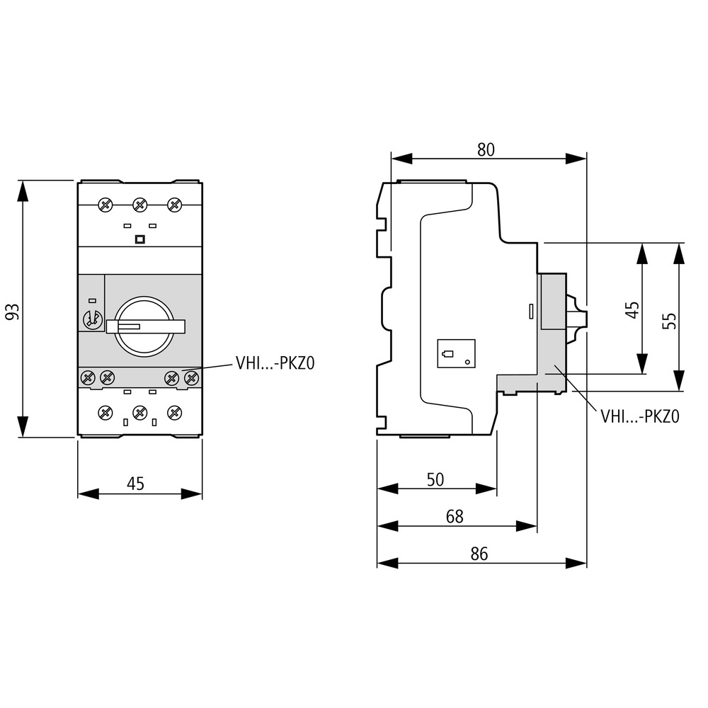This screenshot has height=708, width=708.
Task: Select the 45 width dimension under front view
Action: click(x=135, y=484)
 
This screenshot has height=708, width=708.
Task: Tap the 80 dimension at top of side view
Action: click(x=485, y=149)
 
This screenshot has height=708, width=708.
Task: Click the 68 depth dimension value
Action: click(x=455, y=517)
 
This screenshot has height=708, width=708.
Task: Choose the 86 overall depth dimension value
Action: click(x=479, y=554)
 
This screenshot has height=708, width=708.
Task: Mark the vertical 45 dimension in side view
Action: click(x=632, y=309)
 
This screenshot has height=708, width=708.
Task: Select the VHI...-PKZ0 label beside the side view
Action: click(x=639, y=417)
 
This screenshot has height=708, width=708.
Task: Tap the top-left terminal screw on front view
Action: click(x=105, y=205)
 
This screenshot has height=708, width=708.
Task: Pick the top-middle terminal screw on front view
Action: click(x=139, y=205)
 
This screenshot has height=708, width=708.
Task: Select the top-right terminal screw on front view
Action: click(x=173, y=205)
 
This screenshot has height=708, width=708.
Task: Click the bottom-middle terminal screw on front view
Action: click(x=139, y=411)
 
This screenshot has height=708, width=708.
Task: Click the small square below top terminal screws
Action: click(x=139, y=239)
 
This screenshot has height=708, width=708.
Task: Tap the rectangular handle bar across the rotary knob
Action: click(x=146, y=326)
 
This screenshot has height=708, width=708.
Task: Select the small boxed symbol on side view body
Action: click(x=456, y=355)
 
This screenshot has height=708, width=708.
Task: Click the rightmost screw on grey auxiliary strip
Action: click(x=190, y=377)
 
